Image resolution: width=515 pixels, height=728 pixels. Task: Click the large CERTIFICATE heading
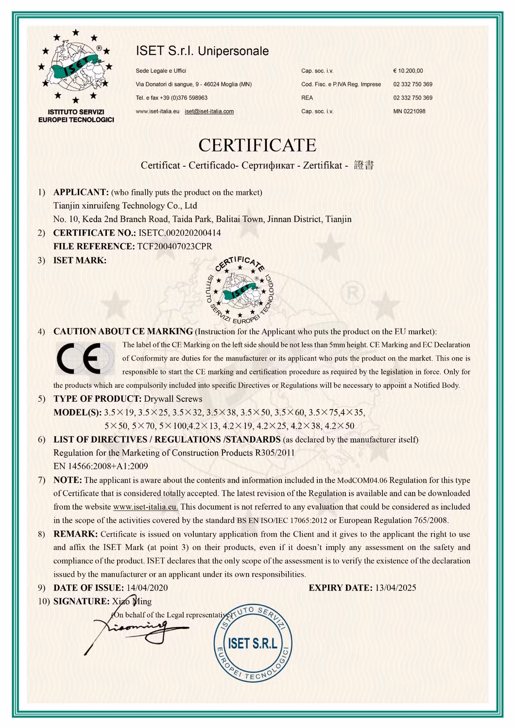[x=257, y=145]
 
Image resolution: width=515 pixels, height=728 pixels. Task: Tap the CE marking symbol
[x=84, y=359]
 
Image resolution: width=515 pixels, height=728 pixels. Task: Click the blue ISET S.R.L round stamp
[x=253, y=642]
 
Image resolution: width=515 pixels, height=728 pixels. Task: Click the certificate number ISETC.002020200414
[x=179, y=233]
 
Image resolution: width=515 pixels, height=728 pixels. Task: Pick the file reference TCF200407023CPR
[x=174, y=246]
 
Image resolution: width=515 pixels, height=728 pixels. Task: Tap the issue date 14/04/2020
[x=147, y=588]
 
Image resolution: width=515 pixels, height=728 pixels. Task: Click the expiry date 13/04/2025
[x=395, y=588]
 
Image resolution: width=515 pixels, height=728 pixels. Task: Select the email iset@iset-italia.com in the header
[x=209, y=111]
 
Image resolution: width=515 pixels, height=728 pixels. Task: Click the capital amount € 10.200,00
[x=408, y=71]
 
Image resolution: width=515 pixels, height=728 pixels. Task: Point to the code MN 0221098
[x=409, y=111]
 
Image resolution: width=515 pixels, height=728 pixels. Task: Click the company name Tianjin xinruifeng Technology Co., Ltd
[x=125, y=206]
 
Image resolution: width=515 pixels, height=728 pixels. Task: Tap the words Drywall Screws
[x=173, y=399]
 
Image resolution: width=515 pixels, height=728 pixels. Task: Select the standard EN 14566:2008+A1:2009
[x=101, y=466]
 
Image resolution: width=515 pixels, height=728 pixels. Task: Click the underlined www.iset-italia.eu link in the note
[x=145, y=507]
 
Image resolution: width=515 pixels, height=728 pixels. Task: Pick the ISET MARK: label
[x=80, y=260]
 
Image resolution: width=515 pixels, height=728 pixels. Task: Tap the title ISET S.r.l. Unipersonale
[x=202, y=51]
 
